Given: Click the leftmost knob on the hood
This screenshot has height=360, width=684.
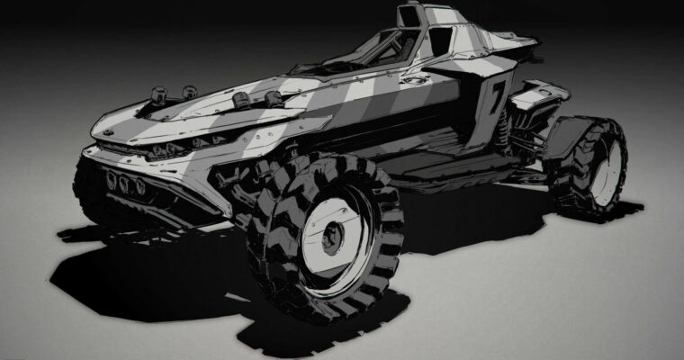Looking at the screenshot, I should [159, 93].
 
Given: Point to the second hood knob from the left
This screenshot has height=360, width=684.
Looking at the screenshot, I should [189, 92].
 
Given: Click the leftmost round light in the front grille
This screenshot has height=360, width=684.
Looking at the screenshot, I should [111, 181].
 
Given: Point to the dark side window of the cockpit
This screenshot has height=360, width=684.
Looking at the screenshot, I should [440, 41].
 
